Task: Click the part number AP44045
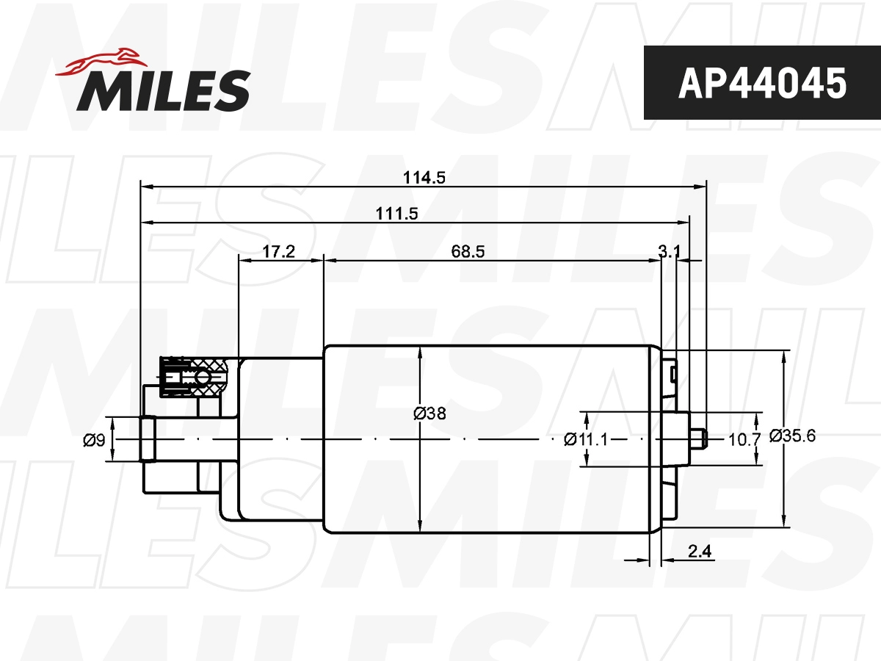click(x=761, y=83)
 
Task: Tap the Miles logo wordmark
click(x=163, y=90)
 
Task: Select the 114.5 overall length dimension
click(x=424, y=177)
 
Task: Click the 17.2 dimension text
click(x=278, y=252)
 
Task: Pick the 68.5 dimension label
click(x=468, y=252)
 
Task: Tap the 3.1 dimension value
click(x=668, y=252)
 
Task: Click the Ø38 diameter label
click(x=429, y=413)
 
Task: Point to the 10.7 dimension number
click(x=743, y=439)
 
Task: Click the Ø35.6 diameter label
click(x=793, y=436)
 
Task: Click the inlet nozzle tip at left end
click(x=148, y=439)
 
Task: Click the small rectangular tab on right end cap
click(x=672, y=374)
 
